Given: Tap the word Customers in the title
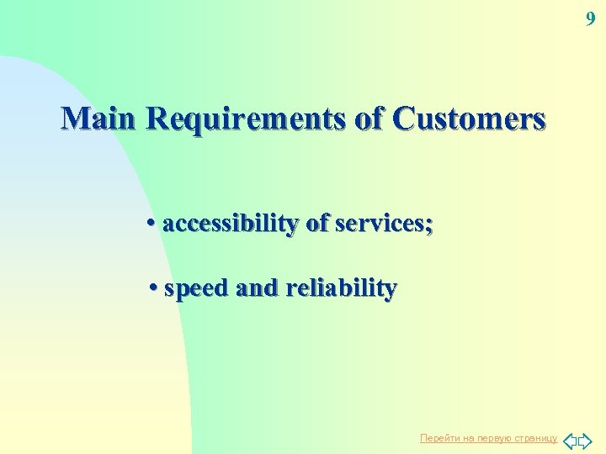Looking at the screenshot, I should (x=470, y=119).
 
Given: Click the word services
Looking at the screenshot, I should (x=380, y=224).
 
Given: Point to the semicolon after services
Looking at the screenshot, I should (x=430, y=225).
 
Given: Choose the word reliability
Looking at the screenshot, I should (x=341, y=288).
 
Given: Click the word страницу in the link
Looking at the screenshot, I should (x=535, y=439).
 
